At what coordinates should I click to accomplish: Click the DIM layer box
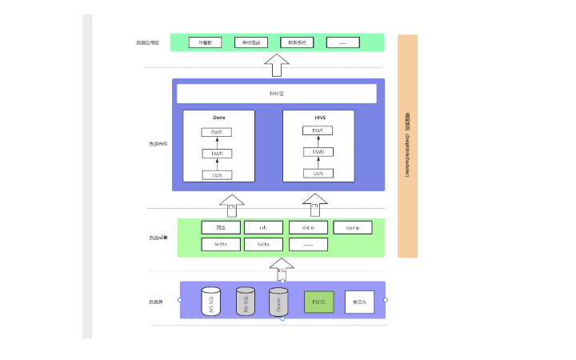276,94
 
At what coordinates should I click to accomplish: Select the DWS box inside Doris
217,132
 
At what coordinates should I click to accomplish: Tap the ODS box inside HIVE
318,174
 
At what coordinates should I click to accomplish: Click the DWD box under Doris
217,154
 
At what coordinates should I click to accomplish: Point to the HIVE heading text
320,117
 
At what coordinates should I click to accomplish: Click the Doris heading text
218,117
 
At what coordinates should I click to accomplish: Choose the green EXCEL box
318,302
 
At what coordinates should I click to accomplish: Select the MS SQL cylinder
210,302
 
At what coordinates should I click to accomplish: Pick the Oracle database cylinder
278,302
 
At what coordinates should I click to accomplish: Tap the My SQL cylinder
245,302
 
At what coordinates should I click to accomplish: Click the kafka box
263,244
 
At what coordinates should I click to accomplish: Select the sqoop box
352,227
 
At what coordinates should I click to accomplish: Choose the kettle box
221,244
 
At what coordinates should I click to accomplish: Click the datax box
308,227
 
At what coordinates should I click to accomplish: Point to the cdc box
263,227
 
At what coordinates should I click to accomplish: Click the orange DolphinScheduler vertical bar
407,146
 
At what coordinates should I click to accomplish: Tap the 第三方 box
359,302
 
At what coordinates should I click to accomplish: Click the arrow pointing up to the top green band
276,64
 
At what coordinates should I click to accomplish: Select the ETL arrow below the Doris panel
232,206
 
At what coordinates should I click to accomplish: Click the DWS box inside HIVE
318,130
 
